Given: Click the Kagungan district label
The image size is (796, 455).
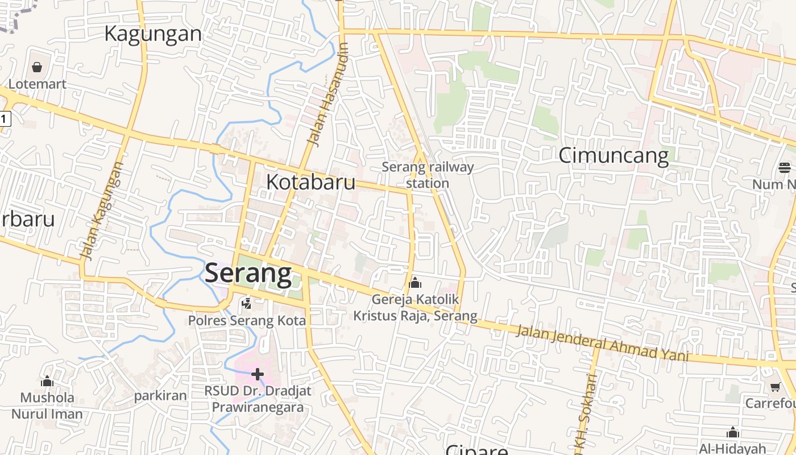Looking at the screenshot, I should pos(153,34).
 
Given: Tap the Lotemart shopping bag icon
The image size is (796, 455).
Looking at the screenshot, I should pos(37,68).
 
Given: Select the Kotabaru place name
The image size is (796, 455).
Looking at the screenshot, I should pos(311,182).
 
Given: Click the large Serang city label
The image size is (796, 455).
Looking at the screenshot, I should pos(248,273).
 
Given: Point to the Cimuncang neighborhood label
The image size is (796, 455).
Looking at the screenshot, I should pos(613,155).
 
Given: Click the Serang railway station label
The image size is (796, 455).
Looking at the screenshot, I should pos(428,175).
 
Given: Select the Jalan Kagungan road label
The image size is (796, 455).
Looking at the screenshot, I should pos(102,210).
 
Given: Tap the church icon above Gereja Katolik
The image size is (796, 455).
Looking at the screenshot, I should pos(415,282).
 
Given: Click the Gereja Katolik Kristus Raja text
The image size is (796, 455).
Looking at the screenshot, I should pos(415,307).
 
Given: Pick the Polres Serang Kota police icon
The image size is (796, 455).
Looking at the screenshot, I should pos(246,304).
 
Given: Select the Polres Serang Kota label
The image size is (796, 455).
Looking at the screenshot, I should pos(247,321).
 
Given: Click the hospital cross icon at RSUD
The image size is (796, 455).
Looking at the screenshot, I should pos(258,374).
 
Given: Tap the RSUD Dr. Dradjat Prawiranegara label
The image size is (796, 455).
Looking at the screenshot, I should pos(258,399).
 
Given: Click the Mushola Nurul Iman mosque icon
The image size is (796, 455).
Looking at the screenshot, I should pos(47,380).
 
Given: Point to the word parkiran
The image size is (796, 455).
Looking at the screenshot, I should pos(160,396).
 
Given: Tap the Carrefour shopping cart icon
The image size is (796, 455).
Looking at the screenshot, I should pos(774,387).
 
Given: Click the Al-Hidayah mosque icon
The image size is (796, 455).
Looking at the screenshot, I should pos(733,432).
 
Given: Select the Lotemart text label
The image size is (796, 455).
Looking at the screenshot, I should pos(37,84).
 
